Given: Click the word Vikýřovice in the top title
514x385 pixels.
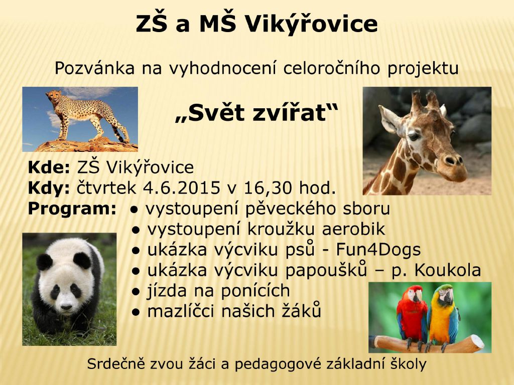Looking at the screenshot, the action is pyautogui.click(x=311, y=23).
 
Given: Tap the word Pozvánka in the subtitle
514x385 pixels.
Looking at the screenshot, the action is pyautogui.click(x=95, y=68).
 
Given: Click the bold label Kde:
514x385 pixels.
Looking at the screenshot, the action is pyautogui.click(x=49, y=167).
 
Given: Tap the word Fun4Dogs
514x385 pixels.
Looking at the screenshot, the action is pyautogui.click(x=378, y=250).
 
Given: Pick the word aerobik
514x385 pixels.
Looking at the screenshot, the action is pyautogui.click(x=353, y=229).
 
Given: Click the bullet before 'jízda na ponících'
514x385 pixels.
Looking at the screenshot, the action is pyautogui.click(x=136, y=291).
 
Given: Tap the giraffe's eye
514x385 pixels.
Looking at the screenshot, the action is pyautogui.click(x=414, y=136).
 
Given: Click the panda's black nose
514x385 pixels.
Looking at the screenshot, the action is pyautogui.click(x=66, y=307).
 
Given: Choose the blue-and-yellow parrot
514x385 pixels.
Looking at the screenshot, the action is pyautogui.click(x=443, y=315).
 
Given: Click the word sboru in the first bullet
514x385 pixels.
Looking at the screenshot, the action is pyautogui.click(x=365, y=209).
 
